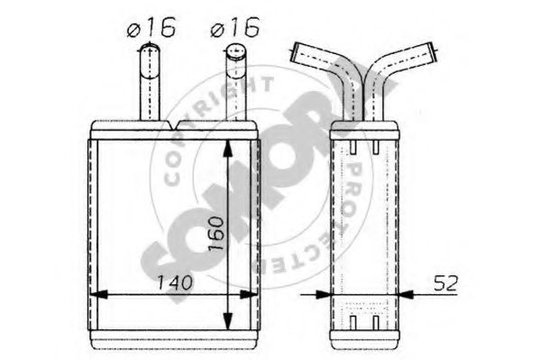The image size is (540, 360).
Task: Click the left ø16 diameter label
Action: (150, 28)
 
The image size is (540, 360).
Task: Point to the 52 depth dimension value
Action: (444, 282)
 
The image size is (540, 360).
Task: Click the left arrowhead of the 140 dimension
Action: (101, 293)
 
